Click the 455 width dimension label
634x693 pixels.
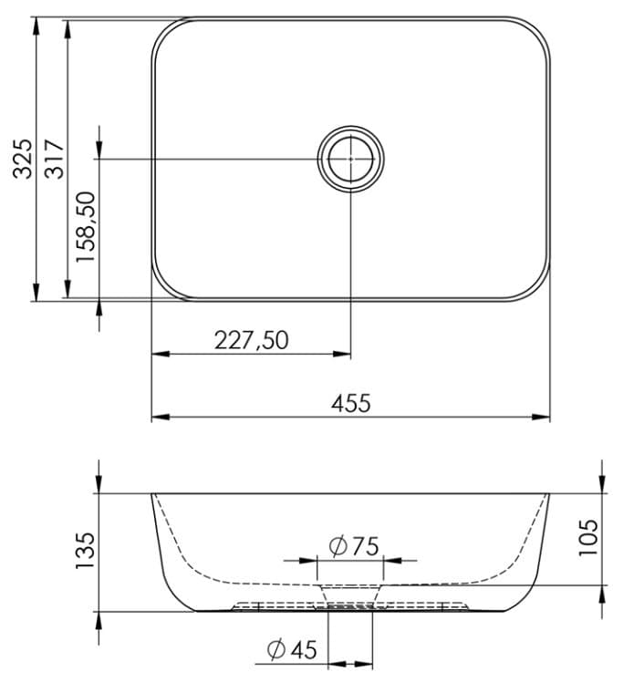351,403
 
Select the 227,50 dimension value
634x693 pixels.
251,340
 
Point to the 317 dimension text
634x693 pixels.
54,157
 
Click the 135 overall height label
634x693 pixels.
85,551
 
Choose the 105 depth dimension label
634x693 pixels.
587,538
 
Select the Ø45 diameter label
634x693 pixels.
291,649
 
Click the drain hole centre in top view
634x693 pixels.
350,158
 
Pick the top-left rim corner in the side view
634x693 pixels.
152,494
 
